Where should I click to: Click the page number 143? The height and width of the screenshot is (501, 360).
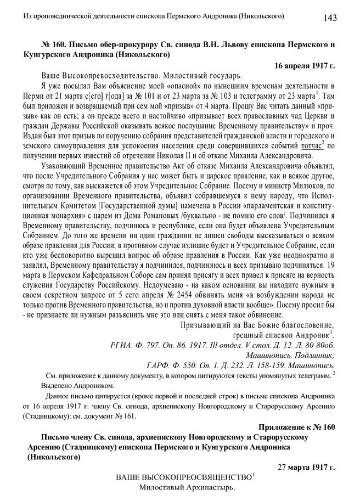tap(330, 18)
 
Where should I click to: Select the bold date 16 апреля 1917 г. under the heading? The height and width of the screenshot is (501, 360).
tap(305, 65)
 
